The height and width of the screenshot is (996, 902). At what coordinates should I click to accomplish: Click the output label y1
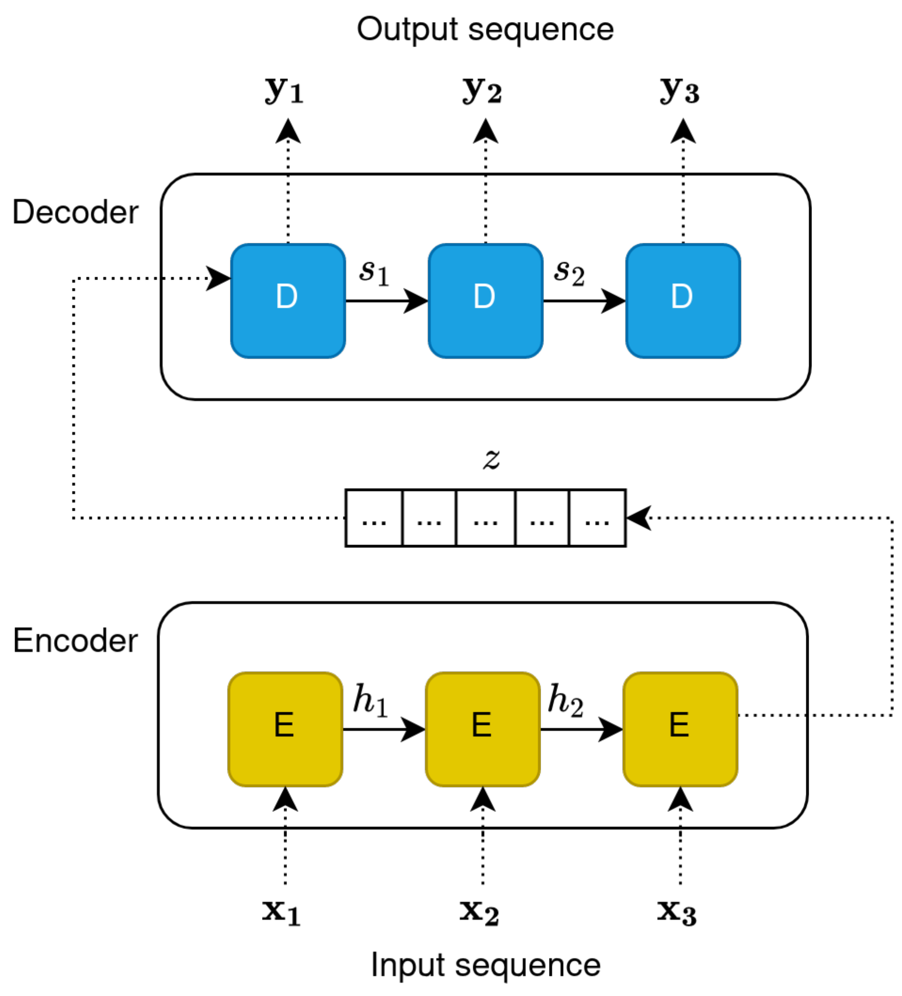coord(284,91)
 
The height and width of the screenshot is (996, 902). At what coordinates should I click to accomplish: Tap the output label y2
coord(482,91)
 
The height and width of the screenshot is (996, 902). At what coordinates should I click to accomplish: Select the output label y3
coord(680,91)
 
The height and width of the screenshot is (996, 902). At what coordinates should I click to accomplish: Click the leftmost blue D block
coord(288,300)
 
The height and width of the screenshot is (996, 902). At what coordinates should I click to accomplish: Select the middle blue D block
coord(485,300)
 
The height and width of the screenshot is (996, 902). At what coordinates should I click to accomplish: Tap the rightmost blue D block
coord(682,300)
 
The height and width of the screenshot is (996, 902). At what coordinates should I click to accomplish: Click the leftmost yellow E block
coord(285,729)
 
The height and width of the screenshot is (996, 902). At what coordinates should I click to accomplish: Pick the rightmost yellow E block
coord(680,729)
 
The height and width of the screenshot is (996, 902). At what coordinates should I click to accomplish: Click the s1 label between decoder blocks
coord(374,272)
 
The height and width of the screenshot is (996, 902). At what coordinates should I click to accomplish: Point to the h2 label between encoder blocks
coord(565,700)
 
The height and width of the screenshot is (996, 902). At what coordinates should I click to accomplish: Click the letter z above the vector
coord(491,458)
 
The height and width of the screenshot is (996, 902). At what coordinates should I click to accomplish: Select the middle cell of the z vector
coord(485,518)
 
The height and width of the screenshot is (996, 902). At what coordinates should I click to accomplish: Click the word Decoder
coord(75,212)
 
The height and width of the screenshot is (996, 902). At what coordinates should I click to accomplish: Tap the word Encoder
coord(75,641)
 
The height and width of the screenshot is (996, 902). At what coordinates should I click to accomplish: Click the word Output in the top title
coord(408,30)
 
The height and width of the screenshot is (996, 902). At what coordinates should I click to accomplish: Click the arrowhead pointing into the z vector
coord(638,518)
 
